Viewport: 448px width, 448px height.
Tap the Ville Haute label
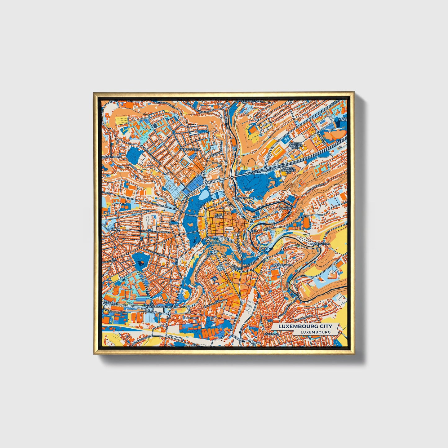(218, 215)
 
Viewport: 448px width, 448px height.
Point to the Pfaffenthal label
(245, 198)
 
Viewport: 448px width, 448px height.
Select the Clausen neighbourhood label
(285, 209)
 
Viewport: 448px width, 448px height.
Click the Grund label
(253, 231)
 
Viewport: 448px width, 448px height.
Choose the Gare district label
(214, 279)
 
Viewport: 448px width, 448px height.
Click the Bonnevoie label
(272, 334)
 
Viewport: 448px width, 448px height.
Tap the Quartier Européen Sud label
(288, 170)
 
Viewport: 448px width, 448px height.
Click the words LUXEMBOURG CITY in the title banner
(305, 326)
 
